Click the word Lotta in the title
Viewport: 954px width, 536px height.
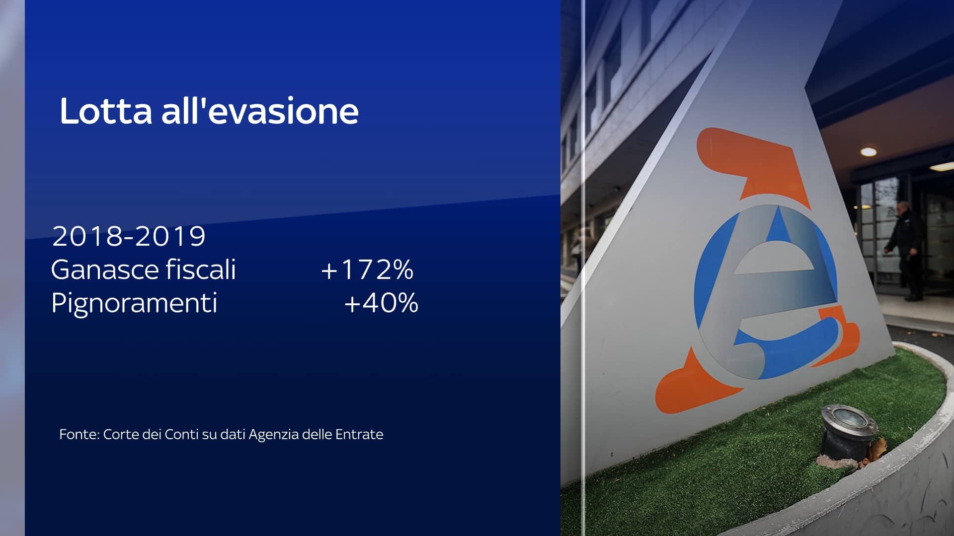pos(106,111)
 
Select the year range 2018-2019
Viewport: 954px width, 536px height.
pos(129,236)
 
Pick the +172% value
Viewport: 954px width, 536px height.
pos(367,269)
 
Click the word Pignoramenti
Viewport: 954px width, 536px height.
pos(134,303)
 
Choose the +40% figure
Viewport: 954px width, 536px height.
pos(381,303)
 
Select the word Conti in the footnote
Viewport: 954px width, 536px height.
pos(181,434)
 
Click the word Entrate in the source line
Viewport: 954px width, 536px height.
pos(359,434)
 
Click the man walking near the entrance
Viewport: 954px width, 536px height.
pos(906,251)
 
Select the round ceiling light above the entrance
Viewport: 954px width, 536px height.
pos(868,151)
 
